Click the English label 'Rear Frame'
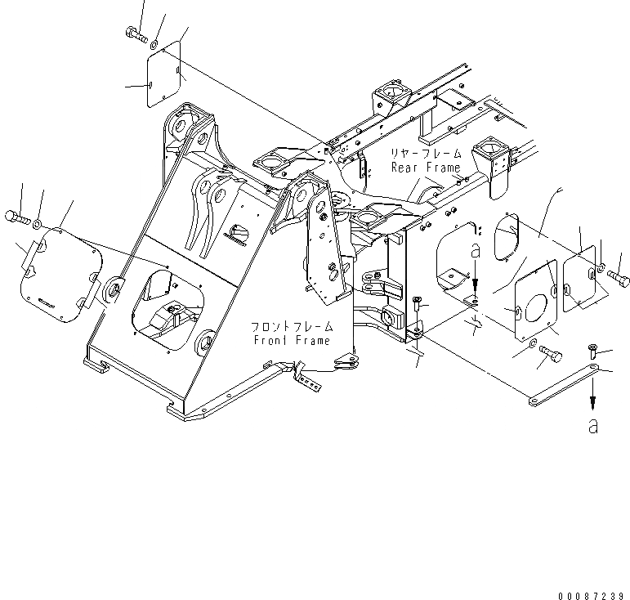tap(426, 168)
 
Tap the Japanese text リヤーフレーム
tap(425, 154)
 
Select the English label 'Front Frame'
tap(292, 340)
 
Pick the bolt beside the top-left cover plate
tap(134, 34)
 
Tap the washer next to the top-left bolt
tap(155, 38)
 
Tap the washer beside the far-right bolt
tap(601, 269)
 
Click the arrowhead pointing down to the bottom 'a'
tap(592, 405)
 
